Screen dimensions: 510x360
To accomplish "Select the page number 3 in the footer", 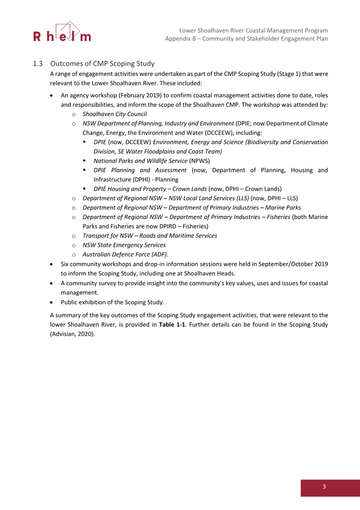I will click(x=324, y=487).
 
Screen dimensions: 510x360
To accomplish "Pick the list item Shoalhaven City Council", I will click(x=115, y=114).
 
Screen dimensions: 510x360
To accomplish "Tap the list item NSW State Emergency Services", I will click(x=124, y=245).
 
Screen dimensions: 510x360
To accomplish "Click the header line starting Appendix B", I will click(x=247, y=39).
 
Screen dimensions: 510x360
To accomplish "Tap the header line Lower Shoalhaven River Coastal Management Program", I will click(x=254, y=30).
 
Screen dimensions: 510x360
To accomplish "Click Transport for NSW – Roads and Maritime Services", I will click(x=150, y=236).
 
